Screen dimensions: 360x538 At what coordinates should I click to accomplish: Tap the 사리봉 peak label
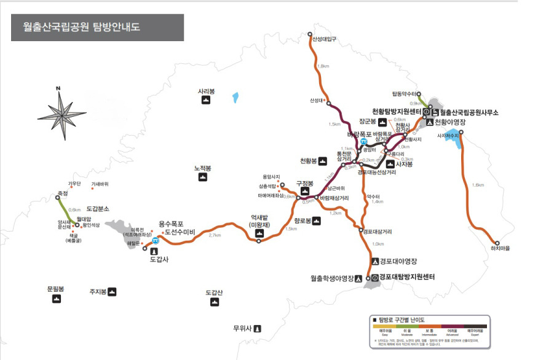206,92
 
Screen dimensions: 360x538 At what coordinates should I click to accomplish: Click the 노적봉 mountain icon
203,178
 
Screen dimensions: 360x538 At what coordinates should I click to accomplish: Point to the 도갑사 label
159,259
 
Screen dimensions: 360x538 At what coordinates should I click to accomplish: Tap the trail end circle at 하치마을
497,243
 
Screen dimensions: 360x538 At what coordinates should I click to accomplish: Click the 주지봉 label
98,292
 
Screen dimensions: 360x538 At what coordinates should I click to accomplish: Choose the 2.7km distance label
215,235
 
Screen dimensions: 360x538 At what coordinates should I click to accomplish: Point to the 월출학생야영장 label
332,278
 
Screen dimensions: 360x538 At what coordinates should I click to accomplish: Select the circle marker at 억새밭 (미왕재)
259,241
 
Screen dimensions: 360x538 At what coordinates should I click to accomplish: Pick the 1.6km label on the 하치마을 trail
477,185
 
